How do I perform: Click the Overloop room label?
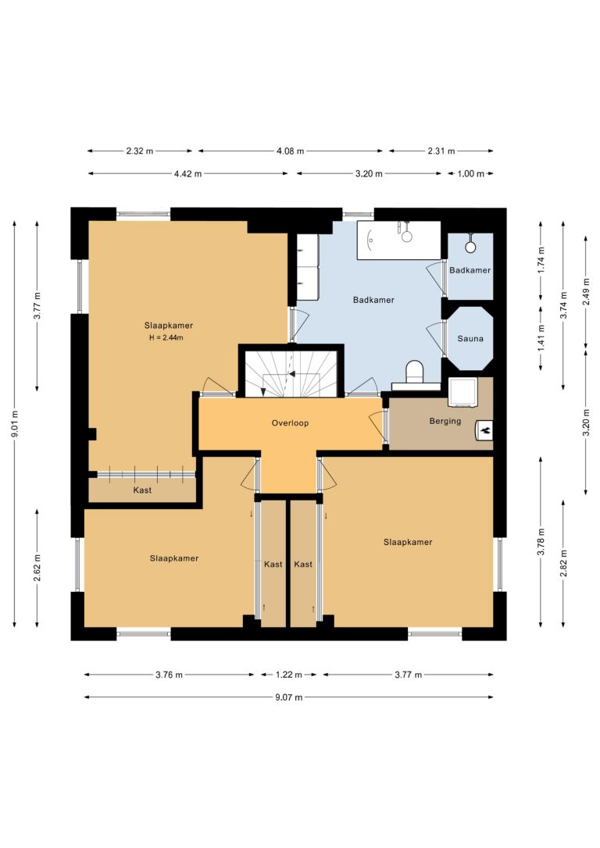pos(290,423)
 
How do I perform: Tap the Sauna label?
pos(470,339)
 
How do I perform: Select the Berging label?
pos(445,421)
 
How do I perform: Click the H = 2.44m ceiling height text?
pos(166,337)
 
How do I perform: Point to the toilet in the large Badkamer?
pos(415,372)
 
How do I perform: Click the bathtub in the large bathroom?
pos(398,241)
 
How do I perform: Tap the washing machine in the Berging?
pos(462,392)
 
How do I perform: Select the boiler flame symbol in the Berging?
pos(484,430)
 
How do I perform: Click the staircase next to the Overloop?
pos(291,372)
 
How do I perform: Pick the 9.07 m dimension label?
pos(289,697)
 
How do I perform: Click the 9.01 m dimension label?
pos(15,424)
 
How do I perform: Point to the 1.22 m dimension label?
pos(289,675)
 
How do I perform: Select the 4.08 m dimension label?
pos(290,151)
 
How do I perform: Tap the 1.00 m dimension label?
pos(470,173)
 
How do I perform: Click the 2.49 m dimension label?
pos(586,291)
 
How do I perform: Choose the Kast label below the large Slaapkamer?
pos(142,490)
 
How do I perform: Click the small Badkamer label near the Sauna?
pos(470,270)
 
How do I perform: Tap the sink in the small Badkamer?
pos(470,246)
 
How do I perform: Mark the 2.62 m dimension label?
pos(37,568)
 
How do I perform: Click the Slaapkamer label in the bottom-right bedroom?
pos(408,542)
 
